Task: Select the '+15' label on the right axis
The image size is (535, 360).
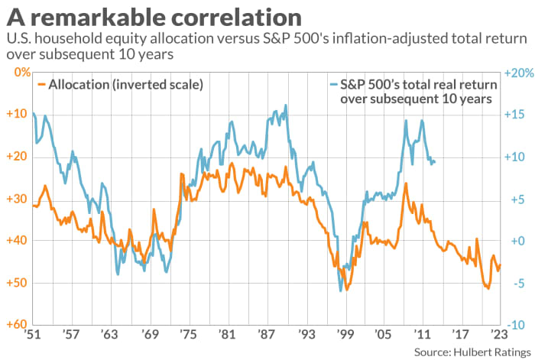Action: (517, 115)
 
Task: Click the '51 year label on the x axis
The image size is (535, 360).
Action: (31, 335)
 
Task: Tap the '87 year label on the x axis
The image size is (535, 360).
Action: (266, 335)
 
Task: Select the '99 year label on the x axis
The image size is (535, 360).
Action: (344, 335)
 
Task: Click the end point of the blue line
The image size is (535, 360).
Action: (435, 162)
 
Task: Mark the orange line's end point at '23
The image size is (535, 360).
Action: (501, 264)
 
